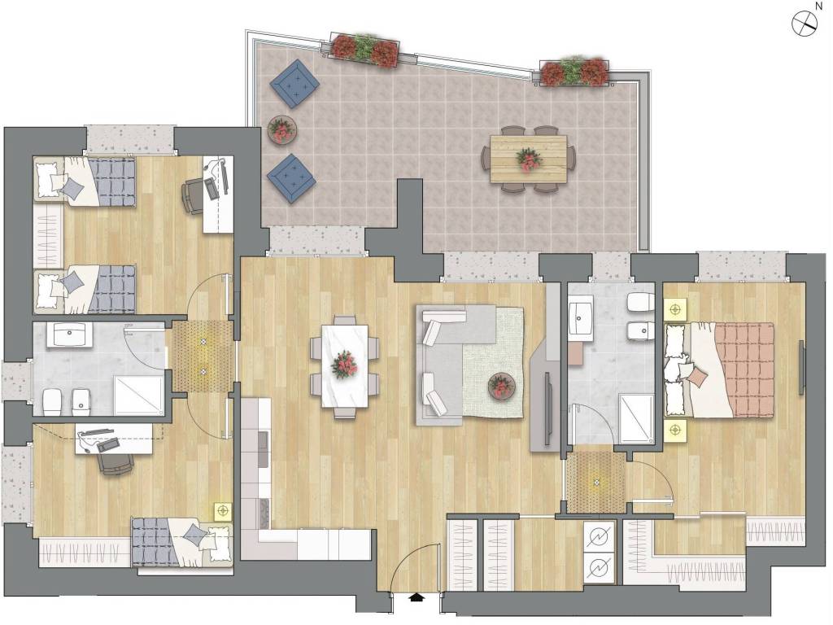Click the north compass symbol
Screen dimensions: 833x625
pos(805,24)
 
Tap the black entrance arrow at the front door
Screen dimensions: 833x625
pos(417,597)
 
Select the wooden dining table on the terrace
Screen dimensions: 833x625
pos(528,160)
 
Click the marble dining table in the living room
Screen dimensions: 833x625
pos(345,365)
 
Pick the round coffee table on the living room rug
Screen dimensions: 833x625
pos(501,385)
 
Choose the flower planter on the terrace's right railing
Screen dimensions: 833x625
pos(574,72)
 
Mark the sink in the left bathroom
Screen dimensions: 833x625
pos(70,334)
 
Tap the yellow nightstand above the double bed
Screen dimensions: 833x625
pos(675,308)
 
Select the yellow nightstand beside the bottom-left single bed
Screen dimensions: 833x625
pos(222,511)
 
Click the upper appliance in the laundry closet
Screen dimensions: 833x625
pos(600,537)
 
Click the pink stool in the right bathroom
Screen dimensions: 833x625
pos(575,353)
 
